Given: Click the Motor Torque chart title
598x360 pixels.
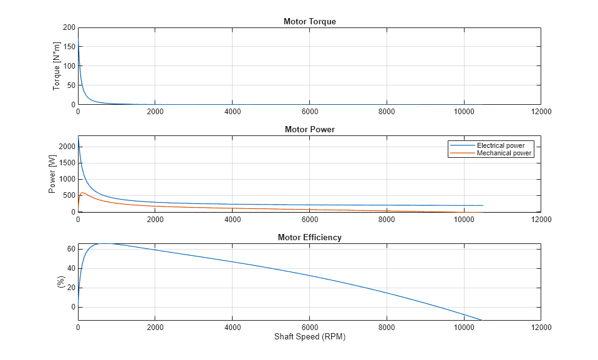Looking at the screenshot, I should pos(309,22).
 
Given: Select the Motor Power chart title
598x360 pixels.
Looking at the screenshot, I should pos(309,130).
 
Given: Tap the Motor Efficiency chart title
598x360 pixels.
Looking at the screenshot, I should pos(309,238).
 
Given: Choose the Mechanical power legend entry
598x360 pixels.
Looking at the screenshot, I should pos(504,153).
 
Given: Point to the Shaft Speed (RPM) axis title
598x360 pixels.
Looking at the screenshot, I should pos(309,337).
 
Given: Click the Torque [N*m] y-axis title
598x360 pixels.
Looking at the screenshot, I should pos(57,67).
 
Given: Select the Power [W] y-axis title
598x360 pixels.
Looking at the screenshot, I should pos(54,175).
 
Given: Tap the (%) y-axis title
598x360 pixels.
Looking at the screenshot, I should pos(61,283).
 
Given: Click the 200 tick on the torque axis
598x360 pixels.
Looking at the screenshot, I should pos(69,28).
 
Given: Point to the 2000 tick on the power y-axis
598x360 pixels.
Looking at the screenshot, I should pos(67,147).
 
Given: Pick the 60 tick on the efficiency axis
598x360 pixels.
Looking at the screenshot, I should pos(70,249).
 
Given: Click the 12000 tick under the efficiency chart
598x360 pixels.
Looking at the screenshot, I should pos(540,327).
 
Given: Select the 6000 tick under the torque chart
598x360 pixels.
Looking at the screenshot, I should pos(309,112).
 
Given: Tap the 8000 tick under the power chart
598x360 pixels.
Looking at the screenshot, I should pos(387,220).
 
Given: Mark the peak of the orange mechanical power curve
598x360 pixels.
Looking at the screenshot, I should pos(83,193).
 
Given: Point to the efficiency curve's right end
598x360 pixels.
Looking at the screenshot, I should pos(481,320).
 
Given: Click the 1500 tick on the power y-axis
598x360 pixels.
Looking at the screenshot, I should pos(67,163).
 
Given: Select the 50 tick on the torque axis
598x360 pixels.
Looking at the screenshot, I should pos(70,85).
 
